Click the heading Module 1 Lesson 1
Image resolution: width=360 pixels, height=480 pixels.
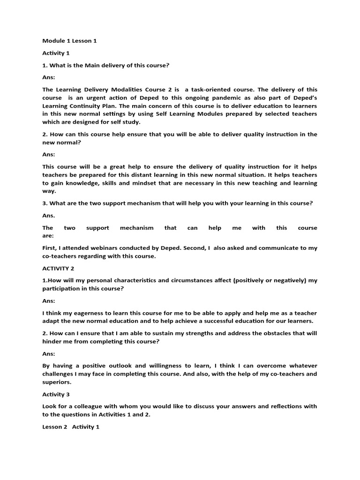[69, 41]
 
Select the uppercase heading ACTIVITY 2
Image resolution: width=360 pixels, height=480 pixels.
[59, 269]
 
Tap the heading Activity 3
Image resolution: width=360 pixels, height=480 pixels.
[56, 394]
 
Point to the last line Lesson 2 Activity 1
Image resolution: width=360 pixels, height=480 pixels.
[71, 427]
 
